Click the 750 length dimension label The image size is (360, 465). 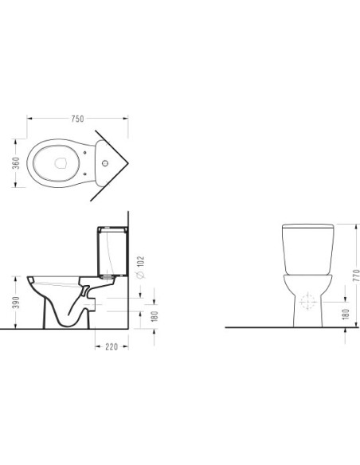(x=78, y=119)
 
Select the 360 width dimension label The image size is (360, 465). (x=16, y=163)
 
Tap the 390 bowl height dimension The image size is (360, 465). (x=16, y=303)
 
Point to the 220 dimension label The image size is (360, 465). (x=112, y=346)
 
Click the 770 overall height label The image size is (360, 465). (x=357, y=275)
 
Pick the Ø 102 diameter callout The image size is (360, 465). (x=140, y=268)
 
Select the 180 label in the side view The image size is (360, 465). (x=155, y=316)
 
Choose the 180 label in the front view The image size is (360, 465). (x=346, y=314)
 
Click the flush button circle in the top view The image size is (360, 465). (x=105, y=163)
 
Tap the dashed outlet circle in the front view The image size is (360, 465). (x=307, y=301)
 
